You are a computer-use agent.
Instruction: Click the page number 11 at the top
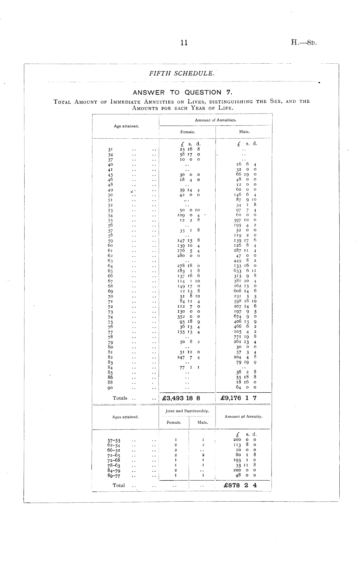pos(184,43)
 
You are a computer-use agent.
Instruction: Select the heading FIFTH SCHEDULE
pos(182,73)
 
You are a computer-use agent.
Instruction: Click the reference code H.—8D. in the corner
pos(303,42)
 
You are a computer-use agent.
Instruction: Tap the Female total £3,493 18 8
pos(181,398)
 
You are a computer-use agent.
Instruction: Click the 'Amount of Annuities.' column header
pos(216,120)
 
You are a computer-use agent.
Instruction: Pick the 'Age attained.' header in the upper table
pos(126,126)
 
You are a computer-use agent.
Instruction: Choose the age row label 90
pos(110,388)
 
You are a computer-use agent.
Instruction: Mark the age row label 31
pos(110,150)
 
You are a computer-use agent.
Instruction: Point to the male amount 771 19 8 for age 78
pos(245,336)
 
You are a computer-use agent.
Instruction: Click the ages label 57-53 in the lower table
pos(114,441)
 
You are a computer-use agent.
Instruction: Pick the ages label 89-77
pos(114,476)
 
